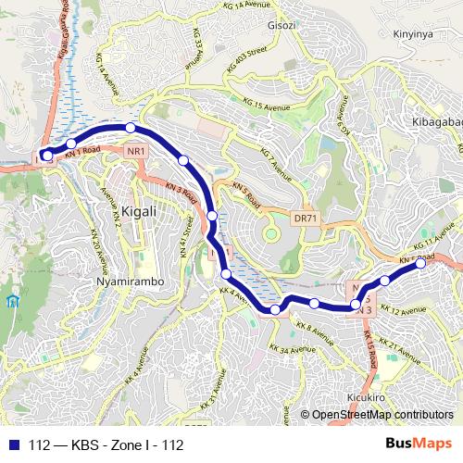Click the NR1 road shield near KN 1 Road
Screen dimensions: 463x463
click(137, 152)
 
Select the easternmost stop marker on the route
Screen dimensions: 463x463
click(420, 264)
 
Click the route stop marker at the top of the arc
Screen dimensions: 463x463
click(131, 127)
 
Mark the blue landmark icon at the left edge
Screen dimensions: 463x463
click(11, 302)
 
